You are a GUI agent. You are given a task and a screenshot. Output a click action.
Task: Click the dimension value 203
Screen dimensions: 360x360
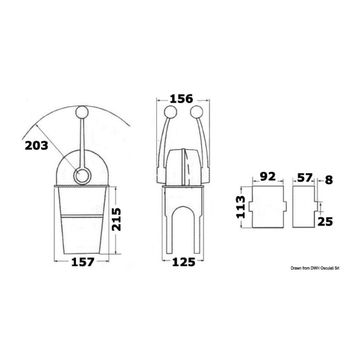(36, 146)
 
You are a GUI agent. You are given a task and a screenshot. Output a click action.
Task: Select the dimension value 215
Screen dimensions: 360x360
(116, 220)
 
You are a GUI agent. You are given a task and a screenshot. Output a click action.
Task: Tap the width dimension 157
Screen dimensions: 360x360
(83, 262)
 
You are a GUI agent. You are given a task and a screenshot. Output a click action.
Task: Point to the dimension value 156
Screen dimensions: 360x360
(181, 99)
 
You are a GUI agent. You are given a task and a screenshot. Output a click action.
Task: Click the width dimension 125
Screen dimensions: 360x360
(184, 262)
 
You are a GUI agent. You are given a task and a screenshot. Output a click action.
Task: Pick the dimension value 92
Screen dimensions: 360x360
(268, 176)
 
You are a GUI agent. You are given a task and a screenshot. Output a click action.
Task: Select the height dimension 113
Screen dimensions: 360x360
(241, 207)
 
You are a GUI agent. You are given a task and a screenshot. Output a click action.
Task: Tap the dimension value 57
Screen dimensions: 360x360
(305, 178)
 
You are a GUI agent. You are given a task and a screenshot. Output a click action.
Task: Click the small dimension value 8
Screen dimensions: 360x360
(329, 180)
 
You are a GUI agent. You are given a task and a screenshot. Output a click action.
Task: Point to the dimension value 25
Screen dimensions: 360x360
(325, 222)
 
